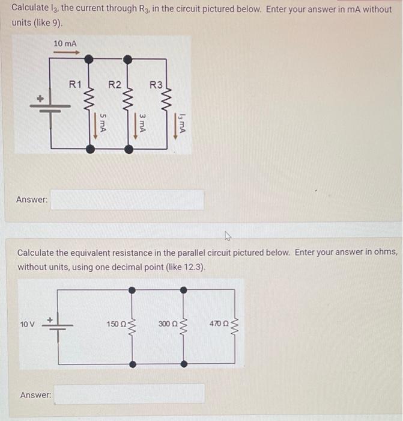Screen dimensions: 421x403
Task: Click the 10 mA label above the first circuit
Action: click(x=64, y=43)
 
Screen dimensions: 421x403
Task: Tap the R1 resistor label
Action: click(x=75, y=85)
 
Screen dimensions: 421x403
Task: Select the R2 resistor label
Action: click(x=114, y=85)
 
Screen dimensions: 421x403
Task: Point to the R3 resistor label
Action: click(x=156, y=85)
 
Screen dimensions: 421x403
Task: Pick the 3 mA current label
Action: click(x=142, y=123)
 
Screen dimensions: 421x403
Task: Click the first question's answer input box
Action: click(x=127, y=200)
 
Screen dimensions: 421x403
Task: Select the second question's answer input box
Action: click(x=130, y=395)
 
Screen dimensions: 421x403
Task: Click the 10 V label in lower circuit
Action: click(x=28, y=324)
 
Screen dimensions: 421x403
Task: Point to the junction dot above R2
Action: click(x=127, y=59)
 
